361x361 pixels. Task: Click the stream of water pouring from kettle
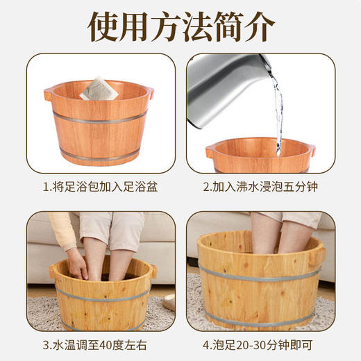click(x=278, y=115)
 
